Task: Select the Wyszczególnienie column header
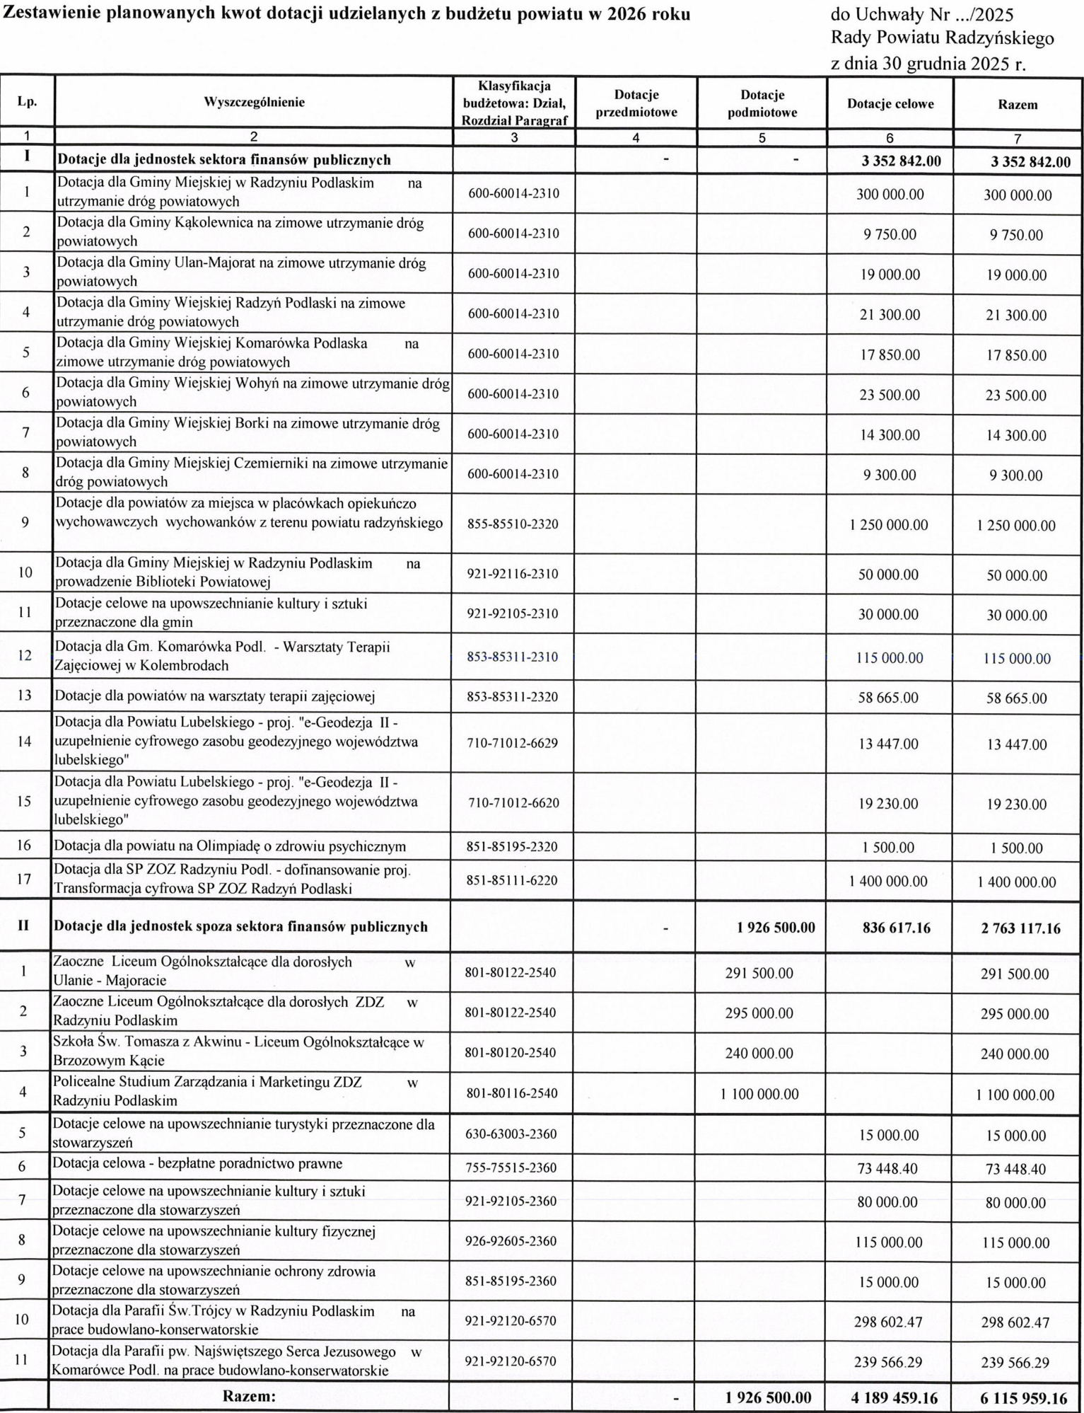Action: [x=254, y=102]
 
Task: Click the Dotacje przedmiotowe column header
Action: [x=636, y=103]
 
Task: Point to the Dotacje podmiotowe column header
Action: [x=762, y=103]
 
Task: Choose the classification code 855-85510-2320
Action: [x=513, y=524]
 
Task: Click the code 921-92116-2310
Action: [x=513, y=574]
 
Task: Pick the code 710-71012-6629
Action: [x=513, y=743]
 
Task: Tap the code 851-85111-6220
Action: [x=513, y=881]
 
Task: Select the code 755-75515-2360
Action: [x=511, y=1167]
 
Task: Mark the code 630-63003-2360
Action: [x=511, y=1134]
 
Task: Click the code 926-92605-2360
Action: [x=511, y=1241]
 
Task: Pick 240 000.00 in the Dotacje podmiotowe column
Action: [x=759, y=1054]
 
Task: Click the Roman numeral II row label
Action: [x=23, y=925]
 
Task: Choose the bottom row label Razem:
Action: [x=249, y=1397]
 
